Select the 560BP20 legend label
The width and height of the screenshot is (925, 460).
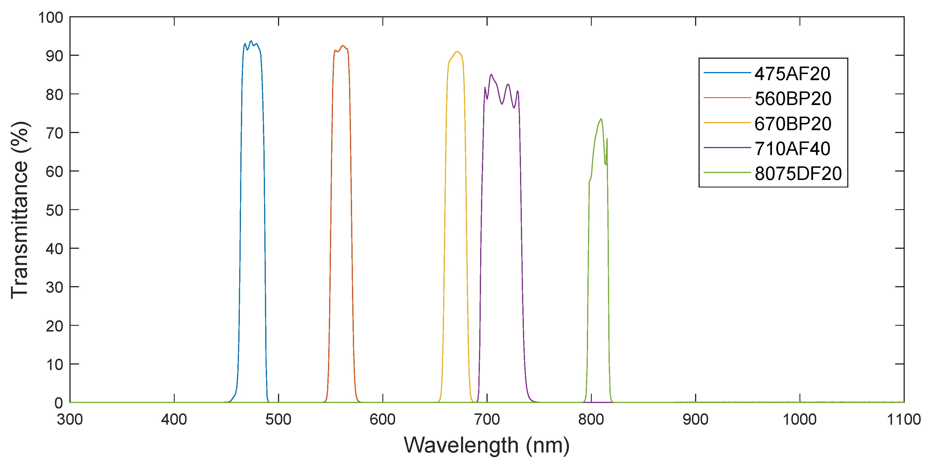[793, 98]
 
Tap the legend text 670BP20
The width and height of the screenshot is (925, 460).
[793, 124]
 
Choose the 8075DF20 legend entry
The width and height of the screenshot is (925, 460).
[798, 174]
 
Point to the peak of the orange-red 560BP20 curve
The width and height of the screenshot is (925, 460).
[343, 46]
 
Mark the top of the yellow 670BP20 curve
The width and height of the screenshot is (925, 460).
[457, 52]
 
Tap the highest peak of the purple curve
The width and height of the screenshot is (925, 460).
[491, 74]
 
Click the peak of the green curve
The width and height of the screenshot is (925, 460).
[601, 119]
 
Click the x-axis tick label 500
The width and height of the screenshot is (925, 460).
[278, 419]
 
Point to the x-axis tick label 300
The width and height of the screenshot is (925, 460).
[70, 419]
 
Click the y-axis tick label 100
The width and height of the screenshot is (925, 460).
[51, 18]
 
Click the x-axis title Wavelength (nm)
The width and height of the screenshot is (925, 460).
[487, 445]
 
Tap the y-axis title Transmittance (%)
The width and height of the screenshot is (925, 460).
[20, 210]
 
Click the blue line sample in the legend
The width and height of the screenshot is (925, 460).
[727, 73]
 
